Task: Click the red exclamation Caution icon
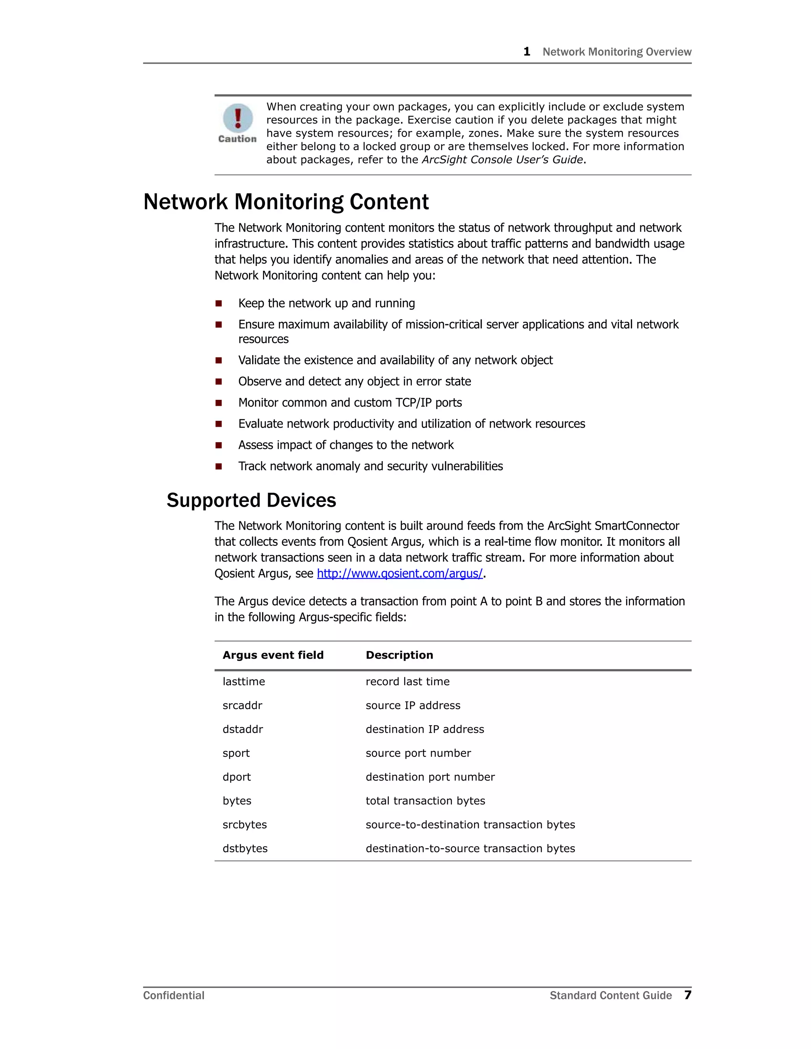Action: coord(238,118)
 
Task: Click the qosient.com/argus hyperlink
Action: coord(400,574)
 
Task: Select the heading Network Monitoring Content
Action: coord(286,202)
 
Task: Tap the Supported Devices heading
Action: coord(251,500)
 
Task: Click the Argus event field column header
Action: coord(273,655)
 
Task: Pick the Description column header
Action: coord(399,655)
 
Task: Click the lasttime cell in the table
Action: coord(244,682)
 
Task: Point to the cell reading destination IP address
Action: coord(425,729)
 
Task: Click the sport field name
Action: coord(236,753)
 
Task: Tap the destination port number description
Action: coord(430,777)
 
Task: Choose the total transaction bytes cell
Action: coord(425,801)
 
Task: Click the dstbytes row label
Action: coord(245,848)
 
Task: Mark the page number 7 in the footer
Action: coord(687,995)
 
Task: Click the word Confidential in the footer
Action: coord(173,996)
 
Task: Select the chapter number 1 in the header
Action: coord(527,51)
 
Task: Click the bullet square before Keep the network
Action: coord(219,304)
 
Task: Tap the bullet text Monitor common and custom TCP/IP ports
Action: coord(350,403)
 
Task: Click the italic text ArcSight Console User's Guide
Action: coord(502,160)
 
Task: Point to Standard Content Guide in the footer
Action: coord(610,996)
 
